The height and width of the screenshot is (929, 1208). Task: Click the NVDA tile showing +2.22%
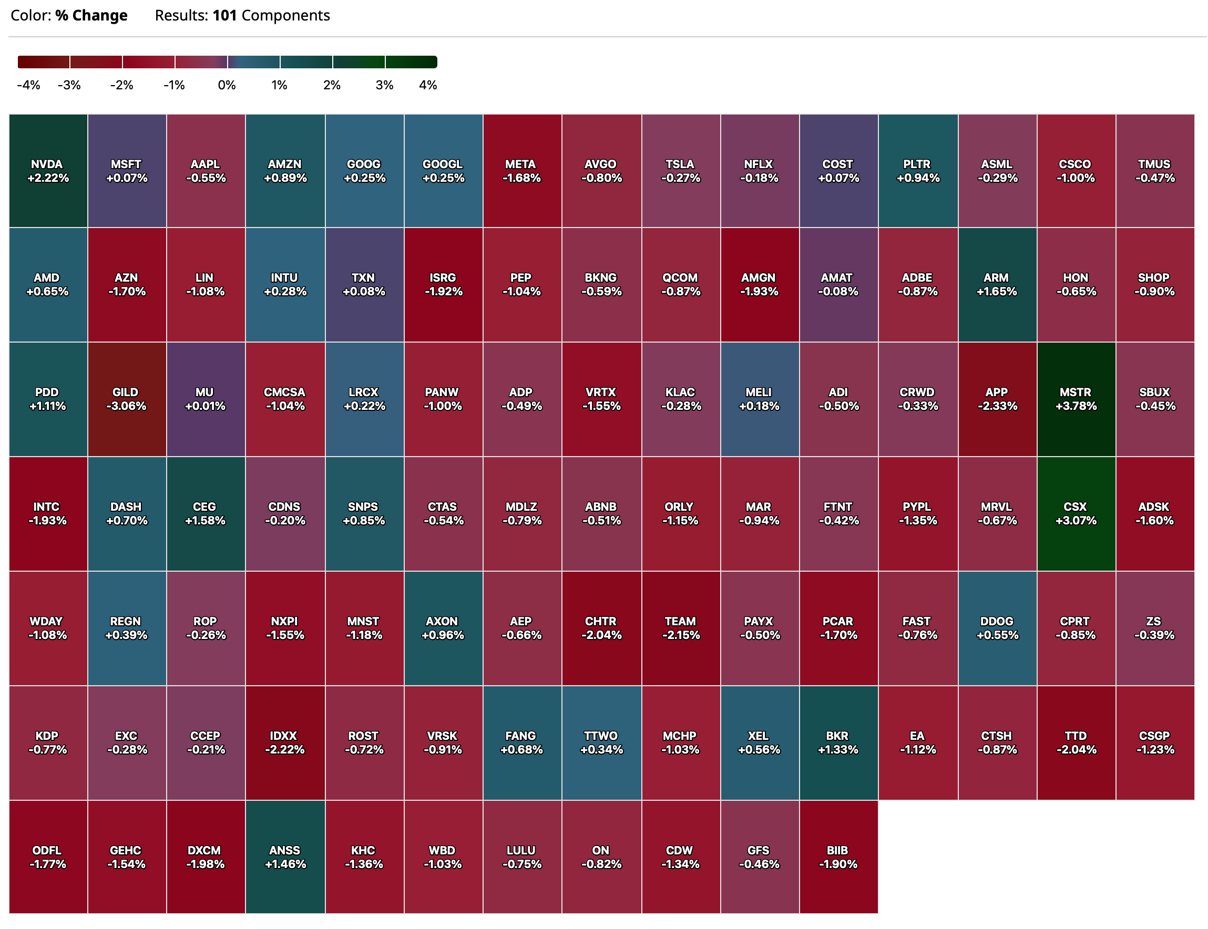(48, 171)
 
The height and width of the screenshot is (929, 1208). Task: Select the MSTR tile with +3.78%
(1075, 399)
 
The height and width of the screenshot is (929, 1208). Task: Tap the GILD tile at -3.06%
(127, 399)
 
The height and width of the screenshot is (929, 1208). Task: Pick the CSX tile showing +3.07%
(1075, 513)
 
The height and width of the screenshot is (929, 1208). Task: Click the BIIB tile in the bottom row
(838, 856)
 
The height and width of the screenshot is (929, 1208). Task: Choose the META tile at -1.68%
(521, 171)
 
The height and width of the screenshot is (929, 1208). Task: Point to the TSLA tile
(680, 171)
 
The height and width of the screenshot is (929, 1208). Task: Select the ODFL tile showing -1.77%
(48, 856)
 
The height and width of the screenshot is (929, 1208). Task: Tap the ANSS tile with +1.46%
(285, 856)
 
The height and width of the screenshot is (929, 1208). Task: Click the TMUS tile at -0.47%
(1154, 171)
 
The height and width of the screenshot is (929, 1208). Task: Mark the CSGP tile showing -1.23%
(1154, 742)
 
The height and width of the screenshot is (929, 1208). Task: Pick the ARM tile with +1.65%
(996, 284)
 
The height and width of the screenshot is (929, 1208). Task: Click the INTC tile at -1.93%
(48, 513)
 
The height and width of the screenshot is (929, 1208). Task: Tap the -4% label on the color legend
(29, 85)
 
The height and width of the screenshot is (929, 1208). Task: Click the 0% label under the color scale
(227, 85)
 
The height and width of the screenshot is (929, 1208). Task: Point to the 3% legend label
(384, 85)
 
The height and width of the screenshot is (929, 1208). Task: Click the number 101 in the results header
(224, 15)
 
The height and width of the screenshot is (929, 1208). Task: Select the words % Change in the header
(91, 15)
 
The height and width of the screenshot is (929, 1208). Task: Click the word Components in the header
(285, 15)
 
